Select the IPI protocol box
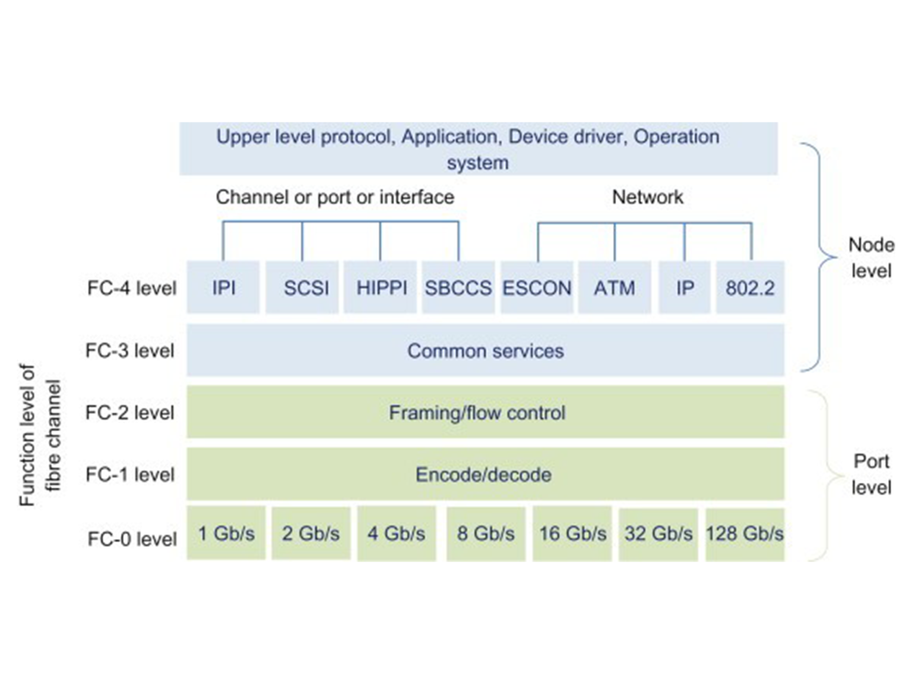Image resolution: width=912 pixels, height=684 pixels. point(223,287)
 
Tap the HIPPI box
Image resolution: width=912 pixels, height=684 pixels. point(381,287)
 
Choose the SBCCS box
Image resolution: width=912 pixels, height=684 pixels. point(458,287)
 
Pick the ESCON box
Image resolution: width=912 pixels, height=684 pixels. point(537,287)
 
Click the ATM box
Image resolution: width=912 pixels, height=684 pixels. point(615,287)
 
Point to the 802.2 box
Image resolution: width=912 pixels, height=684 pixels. point(750,287)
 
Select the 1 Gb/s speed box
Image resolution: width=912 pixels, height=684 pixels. point(226,533)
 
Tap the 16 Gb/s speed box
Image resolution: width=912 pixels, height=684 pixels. point(572,533)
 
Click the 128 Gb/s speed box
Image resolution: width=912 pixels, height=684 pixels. point(745,533)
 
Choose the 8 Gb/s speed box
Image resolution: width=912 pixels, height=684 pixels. point(486,533)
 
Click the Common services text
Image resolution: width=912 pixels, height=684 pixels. point(485,351)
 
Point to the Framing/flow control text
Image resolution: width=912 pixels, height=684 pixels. point(477,413)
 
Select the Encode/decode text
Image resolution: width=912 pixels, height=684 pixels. point(483,474)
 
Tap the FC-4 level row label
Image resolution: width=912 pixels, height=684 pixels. point(132,288)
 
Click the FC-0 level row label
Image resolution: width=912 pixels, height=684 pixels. point(132,539)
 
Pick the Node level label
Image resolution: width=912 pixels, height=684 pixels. point(871,258)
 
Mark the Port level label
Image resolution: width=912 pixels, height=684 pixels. point(871,474)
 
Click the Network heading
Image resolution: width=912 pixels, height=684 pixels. point(647,197)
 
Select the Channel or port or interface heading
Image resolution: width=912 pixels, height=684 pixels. point(335,197)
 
